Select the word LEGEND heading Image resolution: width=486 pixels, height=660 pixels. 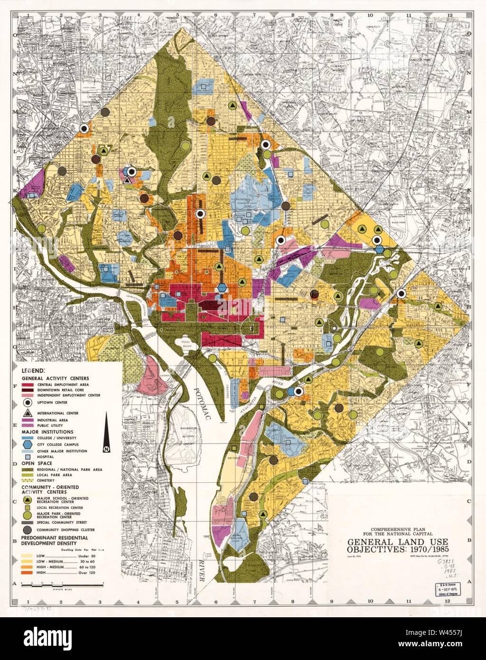[x=32, y=370]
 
